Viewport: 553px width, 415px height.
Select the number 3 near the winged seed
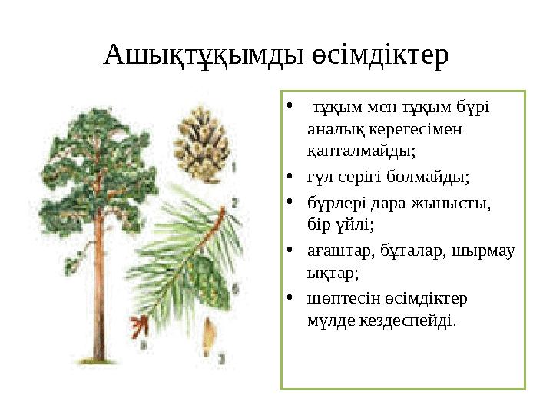[221, 357]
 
